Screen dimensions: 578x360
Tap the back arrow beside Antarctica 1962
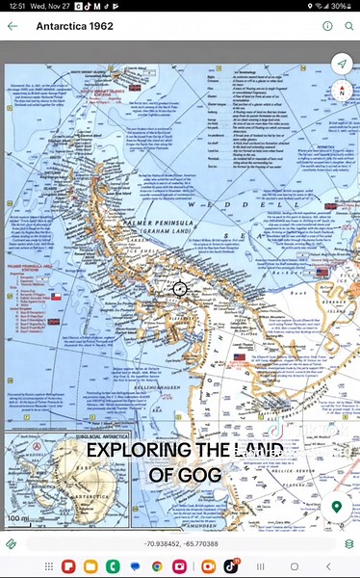click(13, 26)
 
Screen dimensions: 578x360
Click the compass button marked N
click(340, 92)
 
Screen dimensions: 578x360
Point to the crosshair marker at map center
click(180, 288)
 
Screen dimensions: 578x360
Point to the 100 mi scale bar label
click(17, 519)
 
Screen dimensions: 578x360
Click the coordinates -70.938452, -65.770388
click(180, 543)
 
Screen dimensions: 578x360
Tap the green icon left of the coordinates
click(12, 543)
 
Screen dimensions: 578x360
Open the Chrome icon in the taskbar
click(156, 566)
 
